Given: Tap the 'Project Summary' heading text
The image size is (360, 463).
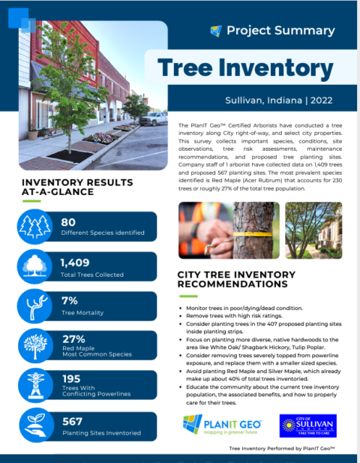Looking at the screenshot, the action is pyautogui.click(x=280, y=31).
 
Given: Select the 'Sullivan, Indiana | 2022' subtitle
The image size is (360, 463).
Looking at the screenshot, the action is pyautogui.click(x=277, y=100).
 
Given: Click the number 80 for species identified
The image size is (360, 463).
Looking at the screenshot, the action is pyautogui.click(x=68, y=222).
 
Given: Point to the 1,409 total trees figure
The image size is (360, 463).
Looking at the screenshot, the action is pyautogui.click(x=76, y=262).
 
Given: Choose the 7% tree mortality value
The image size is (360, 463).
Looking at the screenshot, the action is pyautogui.click(x=70, y=301).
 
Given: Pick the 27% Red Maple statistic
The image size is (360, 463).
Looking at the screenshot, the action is pyautogui.click(x=73, y=339).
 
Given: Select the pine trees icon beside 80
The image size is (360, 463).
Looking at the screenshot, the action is pyautogui.click(x=34, y=227).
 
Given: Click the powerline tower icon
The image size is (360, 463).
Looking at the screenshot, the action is pyautogui.click(x=34, y=386).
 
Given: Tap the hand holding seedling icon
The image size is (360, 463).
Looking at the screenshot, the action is pyautogui.click(x=34, y=426).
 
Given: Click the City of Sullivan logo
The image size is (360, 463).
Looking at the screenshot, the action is pyautogui.click(x=307, y=425).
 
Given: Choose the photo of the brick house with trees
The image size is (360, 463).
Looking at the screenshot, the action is pyautogui.click(x=313, y=230).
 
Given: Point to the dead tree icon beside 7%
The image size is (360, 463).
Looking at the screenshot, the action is pyautogui.click(x=34, y=307).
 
